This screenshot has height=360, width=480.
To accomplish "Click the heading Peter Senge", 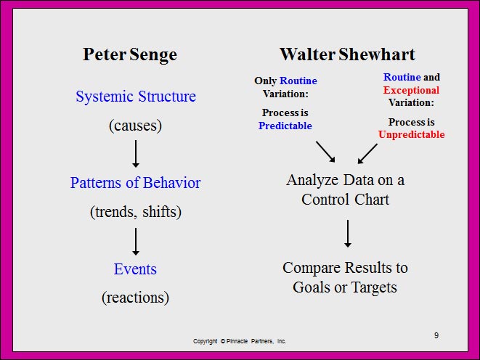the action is tap(130, 55).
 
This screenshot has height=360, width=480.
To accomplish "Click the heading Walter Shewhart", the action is tap(347, 54).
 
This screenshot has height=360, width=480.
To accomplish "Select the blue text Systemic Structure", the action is tap(136, 97).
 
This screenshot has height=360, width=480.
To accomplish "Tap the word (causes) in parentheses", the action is tap(135, 126).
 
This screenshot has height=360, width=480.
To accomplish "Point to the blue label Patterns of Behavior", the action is tap(135, 183).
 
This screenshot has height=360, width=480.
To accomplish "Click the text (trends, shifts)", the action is tap(136, 212).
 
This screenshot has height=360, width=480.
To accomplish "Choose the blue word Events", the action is tap(135, 269).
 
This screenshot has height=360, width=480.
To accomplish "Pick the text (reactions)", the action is tap(135, 298).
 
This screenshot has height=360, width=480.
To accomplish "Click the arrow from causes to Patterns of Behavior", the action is tap(136, 154).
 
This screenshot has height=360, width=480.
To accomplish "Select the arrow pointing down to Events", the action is tap(136, 242).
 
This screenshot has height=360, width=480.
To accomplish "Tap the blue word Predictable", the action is tap(285, 126).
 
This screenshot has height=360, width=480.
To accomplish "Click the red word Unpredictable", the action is tap(412, 134).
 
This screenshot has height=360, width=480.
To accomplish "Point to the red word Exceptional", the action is tap(411, 90).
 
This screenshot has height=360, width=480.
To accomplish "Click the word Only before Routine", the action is tap(265, 81).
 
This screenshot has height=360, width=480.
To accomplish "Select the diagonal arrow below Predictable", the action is tap(326, 152).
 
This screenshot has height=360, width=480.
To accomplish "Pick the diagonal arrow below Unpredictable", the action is tap(367, 154).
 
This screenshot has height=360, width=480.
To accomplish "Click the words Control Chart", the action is tap(346, 200).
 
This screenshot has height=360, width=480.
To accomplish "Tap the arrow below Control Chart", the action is tap(348, 234).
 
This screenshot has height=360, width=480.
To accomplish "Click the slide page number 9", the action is tap(436, 335).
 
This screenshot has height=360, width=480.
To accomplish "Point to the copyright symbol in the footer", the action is tap(222, 341).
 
